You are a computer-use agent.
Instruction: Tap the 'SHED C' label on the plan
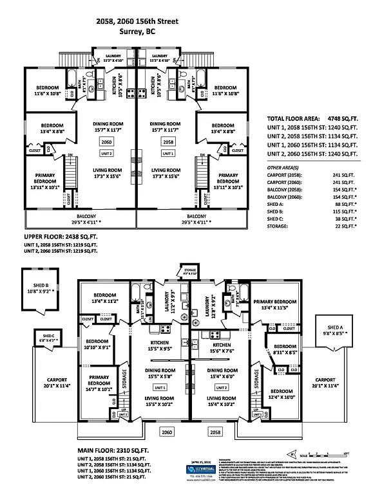(x=49, y=338)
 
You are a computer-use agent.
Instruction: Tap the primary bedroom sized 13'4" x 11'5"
(x=274, y=304)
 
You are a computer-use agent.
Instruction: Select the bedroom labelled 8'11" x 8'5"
(x=283, y=349)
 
